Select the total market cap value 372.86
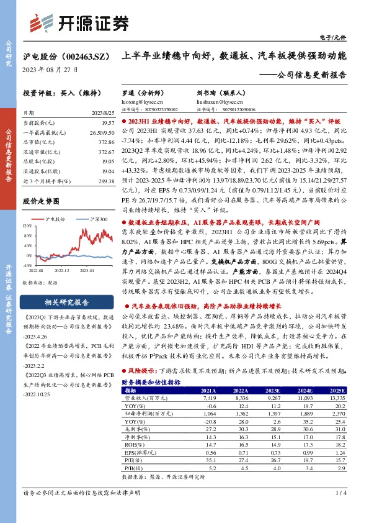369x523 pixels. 103,142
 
